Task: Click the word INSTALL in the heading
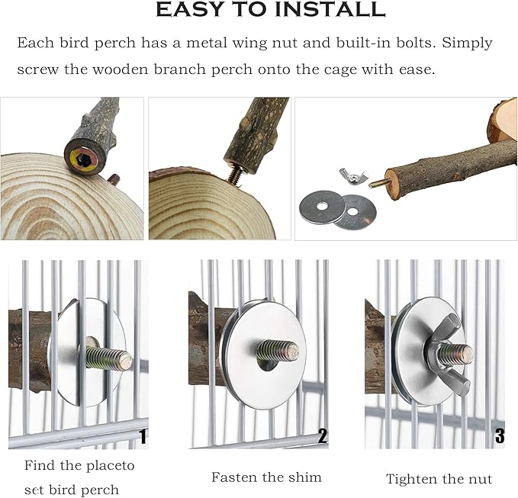[330, 9]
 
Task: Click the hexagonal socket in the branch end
[82, 160]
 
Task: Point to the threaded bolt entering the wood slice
[236, 173]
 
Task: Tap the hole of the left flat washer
[321, 206]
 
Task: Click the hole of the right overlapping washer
[352, 211]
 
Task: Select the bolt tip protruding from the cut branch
[378, 183]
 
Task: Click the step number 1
[143, 436]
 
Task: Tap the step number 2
[322, 436]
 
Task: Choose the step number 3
[500, 435]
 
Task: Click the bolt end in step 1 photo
[126, 361]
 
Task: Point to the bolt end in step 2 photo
[292, 352]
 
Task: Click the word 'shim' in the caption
[304, 477]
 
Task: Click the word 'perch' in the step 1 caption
[102, 490]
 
